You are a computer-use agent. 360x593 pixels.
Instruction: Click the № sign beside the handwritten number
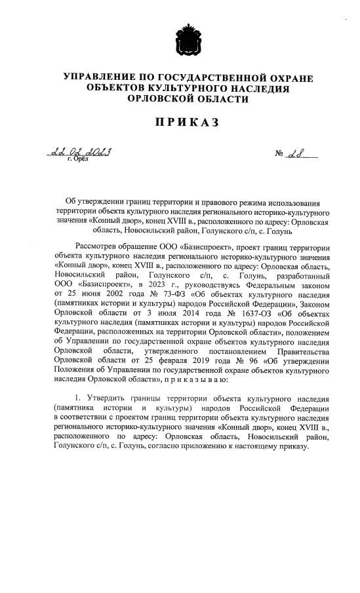pos(279,155)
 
